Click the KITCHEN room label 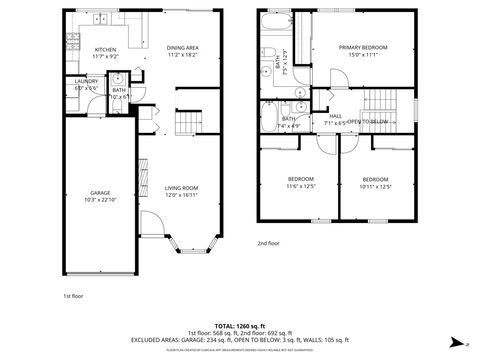click(x=106, y=49)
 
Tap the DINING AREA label click(x=183, y=47)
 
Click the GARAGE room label click(x=100, y=192)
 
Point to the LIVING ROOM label click(x=181, y=187)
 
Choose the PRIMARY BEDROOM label click(x=362, y=47)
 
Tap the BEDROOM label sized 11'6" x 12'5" click(x=287, y=179)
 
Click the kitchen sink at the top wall click(x=118, y=16)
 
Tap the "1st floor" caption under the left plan click(x=72, y=296)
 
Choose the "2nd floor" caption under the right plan click(x=268, y=243)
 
